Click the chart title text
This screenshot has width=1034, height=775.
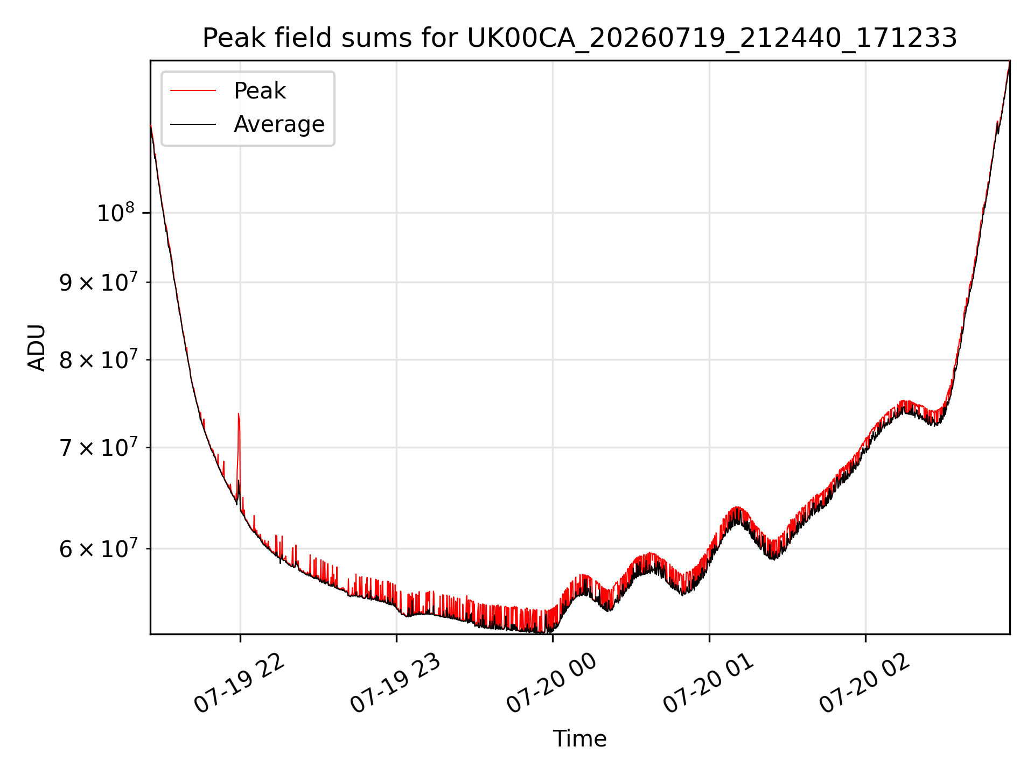pos(579,38)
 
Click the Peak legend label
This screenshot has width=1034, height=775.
pos(260,91)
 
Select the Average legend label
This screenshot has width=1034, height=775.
pos(279,124)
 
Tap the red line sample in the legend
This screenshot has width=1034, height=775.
pos(193,91)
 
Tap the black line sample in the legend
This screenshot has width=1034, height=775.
pos(193,124)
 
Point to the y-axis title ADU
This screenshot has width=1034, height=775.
pos(37,348)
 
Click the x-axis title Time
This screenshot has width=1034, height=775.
pos(579,739)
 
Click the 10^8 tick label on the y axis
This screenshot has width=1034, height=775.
pos(115,213)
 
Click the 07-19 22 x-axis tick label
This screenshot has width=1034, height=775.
pos(239,684)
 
